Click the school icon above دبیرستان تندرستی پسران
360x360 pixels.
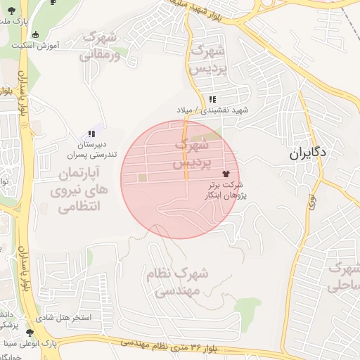coord(91,134)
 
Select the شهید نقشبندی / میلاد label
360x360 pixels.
coord(213,110)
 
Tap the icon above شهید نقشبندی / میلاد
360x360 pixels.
coord(212,99)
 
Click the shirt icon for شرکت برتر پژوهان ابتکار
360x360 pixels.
coord(226,173)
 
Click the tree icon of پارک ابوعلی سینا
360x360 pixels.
coord(30,333)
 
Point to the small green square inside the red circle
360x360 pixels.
coord(143,178)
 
